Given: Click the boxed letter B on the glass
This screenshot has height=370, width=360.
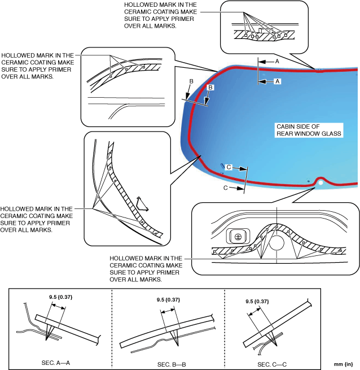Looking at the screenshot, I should [210, 88].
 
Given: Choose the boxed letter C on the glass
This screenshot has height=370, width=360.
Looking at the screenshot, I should [229, 167].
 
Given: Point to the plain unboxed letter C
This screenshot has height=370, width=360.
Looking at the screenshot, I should [226, 188].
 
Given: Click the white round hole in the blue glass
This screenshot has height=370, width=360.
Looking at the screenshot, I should [321, 182].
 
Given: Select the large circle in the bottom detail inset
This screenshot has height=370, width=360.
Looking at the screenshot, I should [276, 243].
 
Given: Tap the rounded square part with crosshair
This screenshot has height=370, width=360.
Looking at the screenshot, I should [238, 237].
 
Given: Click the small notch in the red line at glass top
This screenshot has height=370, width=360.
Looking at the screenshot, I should [319, 71].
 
